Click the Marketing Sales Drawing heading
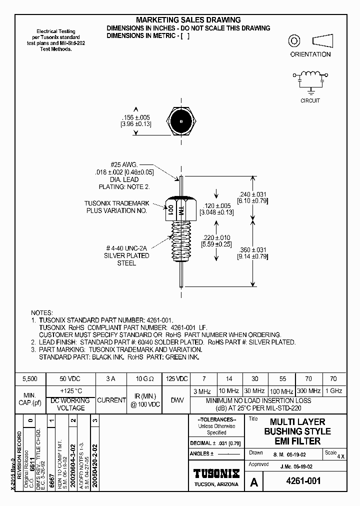[x=188, y=20]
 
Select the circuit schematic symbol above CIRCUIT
[x=310, y=79]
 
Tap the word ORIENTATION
[x=310, y=54]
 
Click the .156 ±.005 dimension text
[x=135, y=117]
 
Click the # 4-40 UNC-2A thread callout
[x=126, y=248]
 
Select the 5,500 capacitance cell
[x=30, y=379]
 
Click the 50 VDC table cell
[x=70, y=379]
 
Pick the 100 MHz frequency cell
[x=281, y=390]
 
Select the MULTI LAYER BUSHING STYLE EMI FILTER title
[x=297, y=431]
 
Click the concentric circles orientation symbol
[x=294, y=41]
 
